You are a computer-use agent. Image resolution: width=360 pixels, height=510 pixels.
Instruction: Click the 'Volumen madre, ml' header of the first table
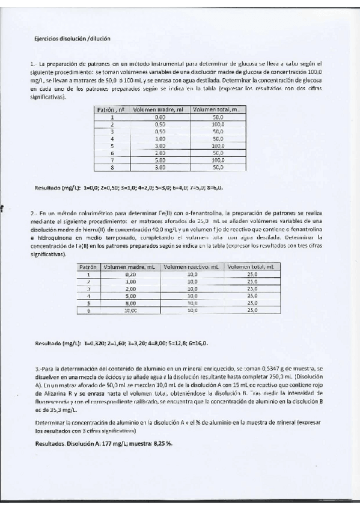tap(159, 110)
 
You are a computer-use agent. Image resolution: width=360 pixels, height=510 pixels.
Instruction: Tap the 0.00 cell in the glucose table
tap(160, 117)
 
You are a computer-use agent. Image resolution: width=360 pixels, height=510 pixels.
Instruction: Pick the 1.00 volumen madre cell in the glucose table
tap(160, 138)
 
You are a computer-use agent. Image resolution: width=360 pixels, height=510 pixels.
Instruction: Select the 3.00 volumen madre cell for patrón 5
tap(160, 146)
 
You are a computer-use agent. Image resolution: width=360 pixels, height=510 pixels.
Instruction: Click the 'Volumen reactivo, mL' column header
tap(192, 266)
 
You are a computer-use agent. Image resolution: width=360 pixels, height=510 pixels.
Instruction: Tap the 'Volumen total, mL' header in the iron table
tap(252, 266)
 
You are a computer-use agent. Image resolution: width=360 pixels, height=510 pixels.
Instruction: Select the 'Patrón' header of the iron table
tap(88, 266)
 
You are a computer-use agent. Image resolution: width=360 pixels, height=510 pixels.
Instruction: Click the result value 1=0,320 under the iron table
tap(96, 343)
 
